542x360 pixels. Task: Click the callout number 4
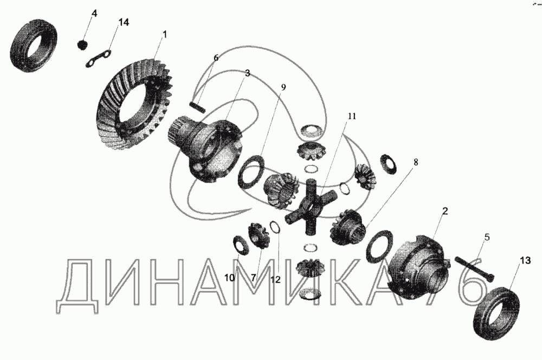pyautogui.click(x=94, y=14)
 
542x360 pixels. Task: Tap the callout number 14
pyautogui.click(x=124, y=22)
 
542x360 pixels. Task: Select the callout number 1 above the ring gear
pyautogui.click(x=165, y=35)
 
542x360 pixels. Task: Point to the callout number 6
pyautogui.click(x=216, y=58)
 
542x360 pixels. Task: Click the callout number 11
pyautogui.click(x=352, y=116)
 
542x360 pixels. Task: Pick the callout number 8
pyautogui.click(x=416, y=162)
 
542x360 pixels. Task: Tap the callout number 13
pyautogui.click(x=525, y=260)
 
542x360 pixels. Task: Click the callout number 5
pyautogui.click(x=487, y=237)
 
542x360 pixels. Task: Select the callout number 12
pyautogui.click(x=275, y=280)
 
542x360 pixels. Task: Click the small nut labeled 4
pyautogui.click(x=82, y=45)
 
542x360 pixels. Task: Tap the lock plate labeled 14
pyautogui.click(x=99, y=58)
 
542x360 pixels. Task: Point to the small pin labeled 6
pyautogui.click(x=198, y=106)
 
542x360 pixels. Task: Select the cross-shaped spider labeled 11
pyautogui.click(x=311, y=207)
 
